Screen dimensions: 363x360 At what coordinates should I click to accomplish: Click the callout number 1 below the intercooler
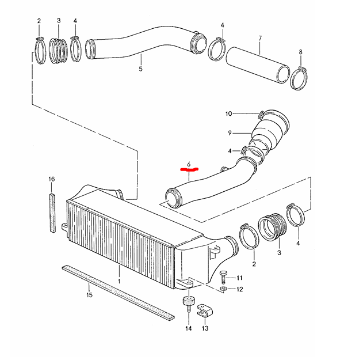click(119, 282)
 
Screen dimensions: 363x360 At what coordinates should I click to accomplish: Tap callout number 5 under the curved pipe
click(140, 69)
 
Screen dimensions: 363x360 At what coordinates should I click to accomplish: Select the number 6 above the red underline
click(189, 164)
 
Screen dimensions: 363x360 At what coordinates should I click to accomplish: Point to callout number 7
click(260, 38)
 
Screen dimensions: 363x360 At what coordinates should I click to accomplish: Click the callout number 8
click(300, 52)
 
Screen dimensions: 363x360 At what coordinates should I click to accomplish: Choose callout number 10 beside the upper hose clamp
click(228, 114)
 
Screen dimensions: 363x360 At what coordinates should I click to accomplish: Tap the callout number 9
click(230, 133)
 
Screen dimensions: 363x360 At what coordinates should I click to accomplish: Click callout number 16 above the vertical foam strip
click(52, 179)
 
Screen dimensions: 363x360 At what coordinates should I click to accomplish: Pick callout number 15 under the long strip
click(89, 295)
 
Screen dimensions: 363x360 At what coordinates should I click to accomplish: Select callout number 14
click(189, 328)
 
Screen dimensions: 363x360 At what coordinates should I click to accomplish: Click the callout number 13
click(205, 328)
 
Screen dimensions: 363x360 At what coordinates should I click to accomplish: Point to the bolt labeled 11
click(223, 277)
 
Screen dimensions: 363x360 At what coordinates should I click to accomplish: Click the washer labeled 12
click(223, 289)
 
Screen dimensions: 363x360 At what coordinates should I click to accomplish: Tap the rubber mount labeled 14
click(189, 304)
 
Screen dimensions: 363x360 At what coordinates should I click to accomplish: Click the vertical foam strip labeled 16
click(52, 213)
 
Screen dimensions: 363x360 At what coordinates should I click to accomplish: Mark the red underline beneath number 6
click(189, 169)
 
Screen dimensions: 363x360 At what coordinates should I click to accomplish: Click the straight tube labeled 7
click(258, 65)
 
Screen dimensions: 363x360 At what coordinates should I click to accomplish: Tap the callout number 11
click(239, 278)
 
